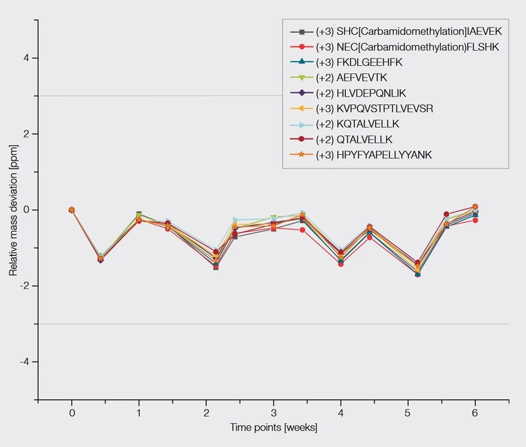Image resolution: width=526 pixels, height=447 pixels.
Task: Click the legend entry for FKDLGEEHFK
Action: click(359, 62)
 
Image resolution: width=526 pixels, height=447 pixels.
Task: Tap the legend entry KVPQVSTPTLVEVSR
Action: click(374, 108)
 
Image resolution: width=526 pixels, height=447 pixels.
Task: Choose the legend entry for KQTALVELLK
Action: click(358, 124)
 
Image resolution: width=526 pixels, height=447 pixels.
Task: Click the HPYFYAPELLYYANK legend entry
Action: click(374, 155)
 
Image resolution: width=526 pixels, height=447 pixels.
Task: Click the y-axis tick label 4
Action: click(25, 58)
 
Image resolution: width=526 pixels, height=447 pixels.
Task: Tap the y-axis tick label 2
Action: click(25, 134)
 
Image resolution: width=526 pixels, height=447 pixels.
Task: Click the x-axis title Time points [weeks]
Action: click(273, 428)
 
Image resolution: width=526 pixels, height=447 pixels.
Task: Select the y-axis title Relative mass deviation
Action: click(12, 210)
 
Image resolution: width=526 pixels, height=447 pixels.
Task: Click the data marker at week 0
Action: click(71, 210)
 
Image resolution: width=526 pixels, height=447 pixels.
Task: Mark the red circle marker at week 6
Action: click(475, 220)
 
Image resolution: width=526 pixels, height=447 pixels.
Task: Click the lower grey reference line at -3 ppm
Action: click(274, 324)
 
